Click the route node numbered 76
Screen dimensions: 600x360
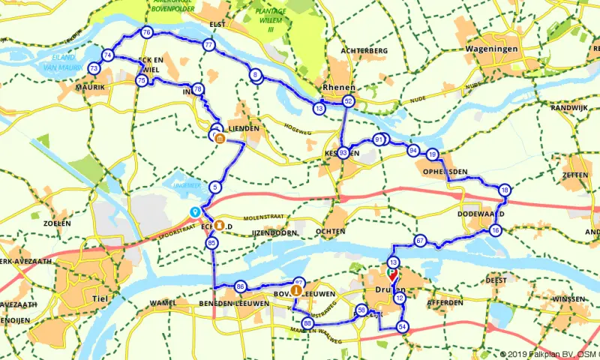pos(146,33)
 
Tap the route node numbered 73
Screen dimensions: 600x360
pos(94,68)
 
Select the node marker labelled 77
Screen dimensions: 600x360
pos(208,45)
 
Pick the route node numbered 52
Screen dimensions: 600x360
pos(348,100)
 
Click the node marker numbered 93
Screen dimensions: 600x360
pos(343,153)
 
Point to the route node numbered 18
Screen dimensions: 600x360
pos(505,190)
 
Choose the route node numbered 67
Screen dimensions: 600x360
pos(420,241)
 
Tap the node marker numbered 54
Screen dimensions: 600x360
pos(403,326)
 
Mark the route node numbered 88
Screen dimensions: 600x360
pos(307,323)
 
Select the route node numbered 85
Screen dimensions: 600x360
pos(212,243)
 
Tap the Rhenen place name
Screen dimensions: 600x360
pos(336,87)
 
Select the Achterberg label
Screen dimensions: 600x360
pos(362,50)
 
